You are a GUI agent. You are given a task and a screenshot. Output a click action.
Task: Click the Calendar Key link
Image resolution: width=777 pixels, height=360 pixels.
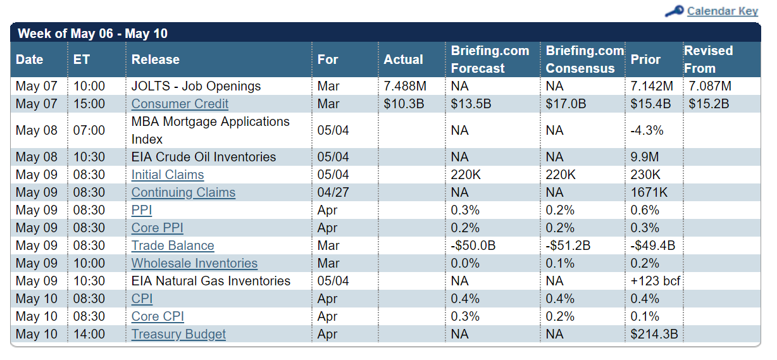[723, 11]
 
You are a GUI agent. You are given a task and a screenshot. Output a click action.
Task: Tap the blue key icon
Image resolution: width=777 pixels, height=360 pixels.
[674, 11]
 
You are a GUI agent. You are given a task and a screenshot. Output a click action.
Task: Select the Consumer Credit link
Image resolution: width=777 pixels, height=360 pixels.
[180, 104]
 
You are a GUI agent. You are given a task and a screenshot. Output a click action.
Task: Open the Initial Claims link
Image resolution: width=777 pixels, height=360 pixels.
[168, 175]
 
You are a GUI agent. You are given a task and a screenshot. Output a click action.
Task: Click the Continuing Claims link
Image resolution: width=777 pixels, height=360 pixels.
[183, 192]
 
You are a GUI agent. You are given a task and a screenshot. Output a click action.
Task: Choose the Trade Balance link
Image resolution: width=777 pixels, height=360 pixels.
[173, 245]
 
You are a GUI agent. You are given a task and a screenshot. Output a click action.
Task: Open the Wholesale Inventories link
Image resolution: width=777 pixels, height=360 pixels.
[194, 263]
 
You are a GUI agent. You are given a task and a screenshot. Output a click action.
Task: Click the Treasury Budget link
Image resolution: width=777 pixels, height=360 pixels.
[178, 334]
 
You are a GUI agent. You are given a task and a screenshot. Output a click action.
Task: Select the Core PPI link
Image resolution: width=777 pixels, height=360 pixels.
[157, 228]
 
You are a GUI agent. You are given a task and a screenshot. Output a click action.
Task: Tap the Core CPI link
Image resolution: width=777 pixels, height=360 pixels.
[158, 316]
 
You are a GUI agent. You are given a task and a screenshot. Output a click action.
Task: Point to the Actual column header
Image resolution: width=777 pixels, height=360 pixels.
[403, 59]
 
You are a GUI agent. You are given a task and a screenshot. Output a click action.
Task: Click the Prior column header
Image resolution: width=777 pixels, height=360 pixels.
[645, 59]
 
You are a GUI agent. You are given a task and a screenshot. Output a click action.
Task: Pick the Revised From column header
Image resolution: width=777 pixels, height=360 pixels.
[708, 59]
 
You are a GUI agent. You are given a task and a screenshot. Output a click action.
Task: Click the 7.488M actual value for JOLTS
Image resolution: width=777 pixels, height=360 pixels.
[405, 86]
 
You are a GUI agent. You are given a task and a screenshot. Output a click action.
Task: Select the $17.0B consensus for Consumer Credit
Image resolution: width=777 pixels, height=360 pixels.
[566, 104]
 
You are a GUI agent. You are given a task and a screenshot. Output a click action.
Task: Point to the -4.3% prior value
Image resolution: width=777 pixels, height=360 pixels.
[647, 130]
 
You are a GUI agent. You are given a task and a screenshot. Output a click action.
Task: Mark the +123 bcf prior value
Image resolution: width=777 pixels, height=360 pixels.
[656, 281]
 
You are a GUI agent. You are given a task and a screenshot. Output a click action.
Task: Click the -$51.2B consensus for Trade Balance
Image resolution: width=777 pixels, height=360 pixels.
[568, 245]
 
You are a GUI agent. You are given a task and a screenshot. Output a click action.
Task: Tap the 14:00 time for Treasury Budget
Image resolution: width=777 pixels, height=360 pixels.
[89, 334]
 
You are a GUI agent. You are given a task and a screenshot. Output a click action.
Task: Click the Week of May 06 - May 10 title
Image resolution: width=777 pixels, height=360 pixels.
[92, 34]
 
